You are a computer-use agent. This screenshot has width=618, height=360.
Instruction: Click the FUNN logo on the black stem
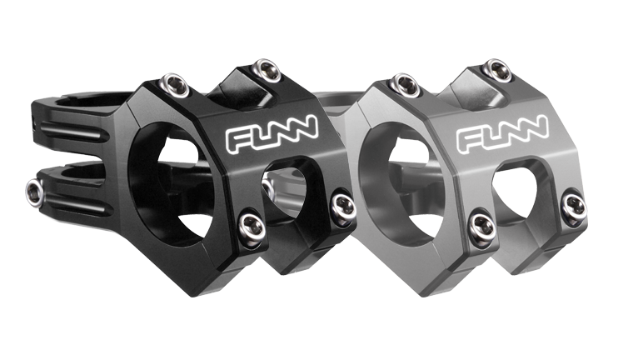[x=272, y=133]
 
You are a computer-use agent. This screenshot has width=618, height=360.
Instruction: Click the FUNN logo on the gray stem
[x=502, y=133]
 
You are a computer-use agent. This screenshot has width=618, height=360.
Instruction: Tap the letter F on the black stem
[x=238, y=140]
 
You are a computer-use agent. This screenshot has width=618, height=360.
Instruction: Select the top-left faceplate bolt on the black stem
[x=173, y=86]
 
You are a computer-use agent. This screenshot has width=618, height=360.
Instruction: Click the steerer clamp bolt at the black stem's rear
[x=35, y=192]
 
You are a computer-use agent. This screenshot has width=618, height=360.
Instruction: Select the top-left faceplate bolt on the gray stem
[x=405, y=85]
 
